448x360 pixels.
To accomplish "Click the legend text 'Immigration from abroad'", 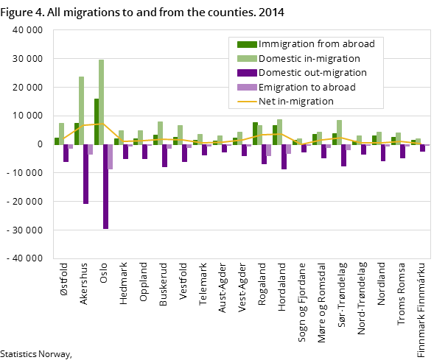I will point(316,44).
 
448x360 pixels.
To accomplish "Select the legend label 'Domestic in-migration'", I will point(309,58).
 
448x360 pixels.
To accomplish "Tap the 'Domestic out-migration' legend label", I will point(312,73).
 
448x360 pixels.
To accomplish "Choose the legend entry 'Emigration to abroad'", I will point(307,87).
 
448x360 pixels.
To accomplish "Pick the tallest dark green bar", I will point(97,121).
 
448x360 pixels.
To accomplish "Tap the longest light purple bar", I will point(111,157).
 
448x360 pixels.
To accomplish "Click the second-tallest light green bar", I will point(81,110).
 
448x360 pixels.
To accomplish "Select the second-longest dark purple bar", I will point(85,174).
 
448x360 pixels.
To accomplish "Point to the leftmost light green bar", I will point(62,133).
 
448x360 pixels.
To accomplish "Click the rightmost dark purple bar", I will point(422,148).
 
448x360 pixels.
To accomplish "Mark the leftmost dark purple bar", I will point(66,152).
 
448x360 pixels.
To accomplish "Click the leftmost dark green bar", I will point(57,141).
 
